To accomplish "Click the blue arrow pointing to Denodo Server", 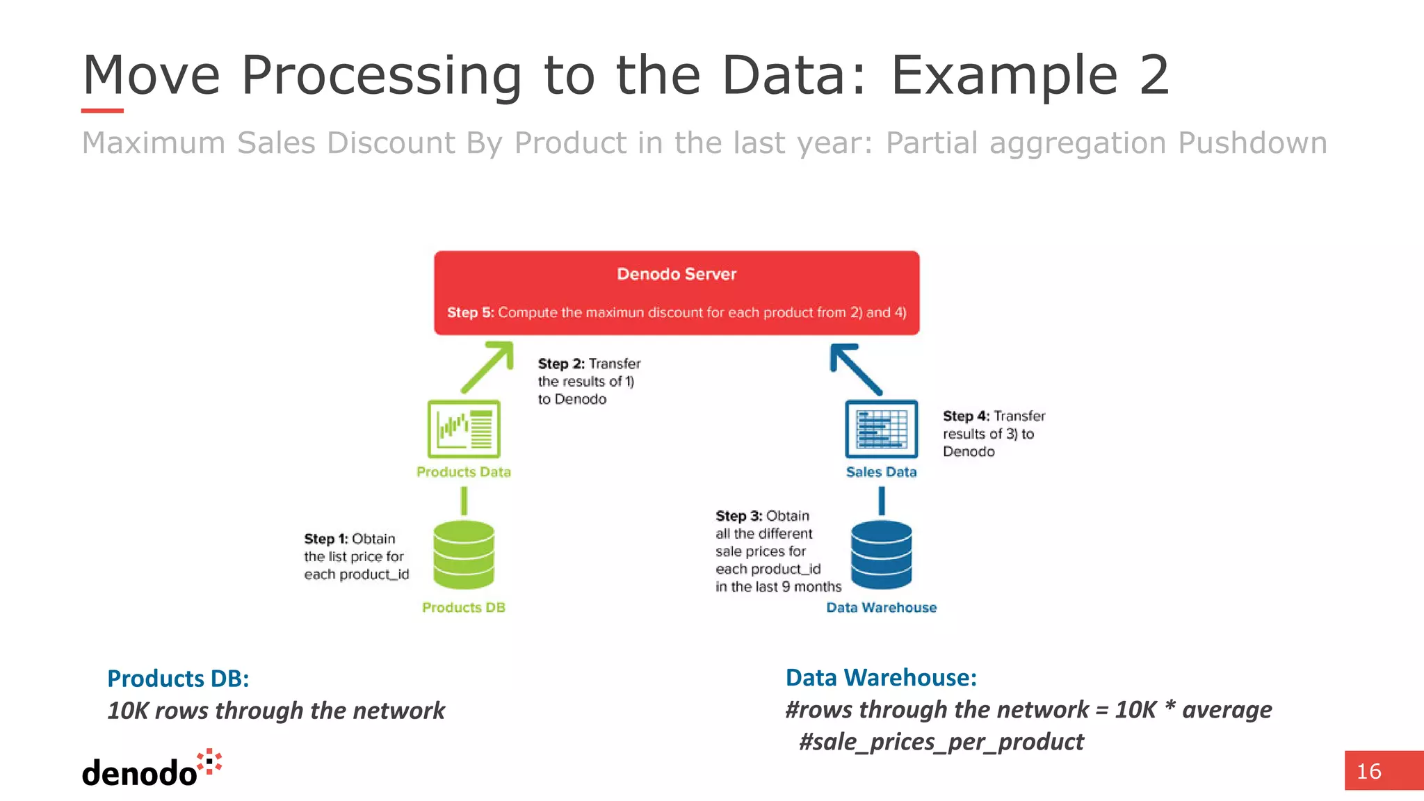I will pos(855,369).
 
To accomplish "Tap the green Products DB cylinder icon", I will pos(464,554).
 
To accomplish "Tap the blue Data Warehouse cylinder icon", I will pos(881,554).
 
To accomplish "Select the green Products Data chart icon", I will pos(464,428).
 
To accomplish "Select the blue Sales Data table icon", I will pos(881,428).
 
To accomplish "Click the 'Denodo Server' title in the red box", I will pos(676,274).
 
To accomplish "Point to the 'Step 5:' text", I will pos(470,313).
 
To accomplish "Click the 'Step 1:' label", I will pos(325,539).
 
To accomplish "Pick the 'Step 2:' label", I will pos(560,364).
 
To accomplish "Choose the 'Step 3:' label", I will pos(738,516).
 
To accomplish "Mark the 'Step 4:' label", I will pos(966,416).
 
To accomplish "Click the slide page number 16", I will pos(1368,771).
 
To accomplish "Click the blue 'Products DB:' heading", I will pos(178,679).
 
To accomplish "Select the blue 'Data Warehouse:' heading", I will pos(881,678).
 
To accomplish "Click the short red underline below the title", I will pos(102,111).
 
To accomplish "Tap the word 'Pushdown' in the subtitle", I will pos(1252,143).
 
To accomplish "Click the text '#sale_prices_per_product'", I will pos(941,742).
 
